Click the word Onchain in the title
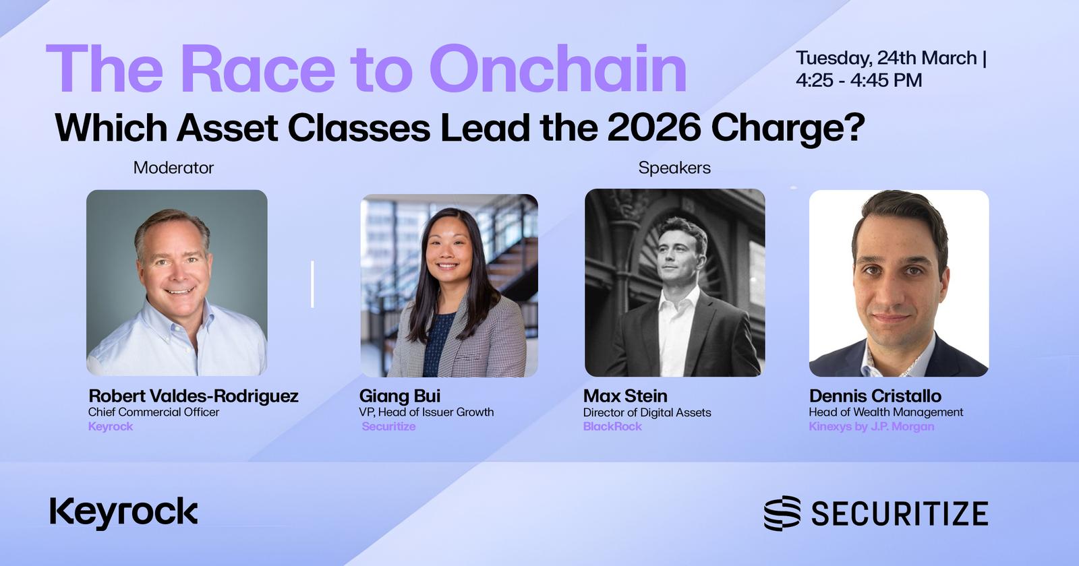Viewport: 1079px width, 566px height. coord(557,68)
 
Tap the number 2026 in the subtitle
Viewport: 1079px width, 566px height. coord(653,127)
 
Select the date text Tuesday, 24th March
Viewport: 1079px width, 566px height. coord(886,58)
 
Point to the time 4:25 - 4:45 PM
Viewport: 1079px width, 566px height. coord(859,80)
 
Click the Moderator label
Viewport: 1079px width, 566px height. coord(173,168)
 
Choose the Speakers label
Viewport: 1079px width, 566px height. coord(674,168)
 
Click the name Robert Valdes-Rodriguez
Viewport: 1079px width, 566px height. coord(193,396)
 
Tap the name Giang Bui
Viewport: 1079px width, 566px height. coord(400,396)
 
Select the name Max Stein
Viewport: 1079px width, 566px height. coord(625,396)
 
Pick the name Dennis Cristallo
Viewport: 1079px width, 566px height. coord(875,396)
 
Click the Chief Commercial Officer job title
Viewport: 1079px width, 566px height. coord(153,412)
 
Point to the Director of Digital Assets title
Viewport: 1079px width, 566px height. coord(647,412)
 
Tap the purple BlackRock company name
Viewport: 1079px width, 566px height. coord(612,427)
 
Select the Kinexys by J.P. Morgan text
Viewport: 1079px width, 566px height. coord(871,427)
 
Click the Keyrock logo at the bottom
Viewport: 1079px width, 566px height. coord(124,513)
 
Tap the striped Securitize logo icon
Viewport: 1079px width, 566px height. coord(782,513)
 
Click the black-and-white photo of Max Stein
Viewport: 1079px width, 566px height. coord(675,282)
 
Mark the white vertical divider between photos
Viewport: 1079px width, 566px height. coord(313,284)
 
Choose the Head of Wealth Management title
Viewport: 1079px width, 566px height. coord(886,412)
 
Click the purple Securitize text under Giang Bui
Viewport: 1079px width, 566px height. coord(388,427)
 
